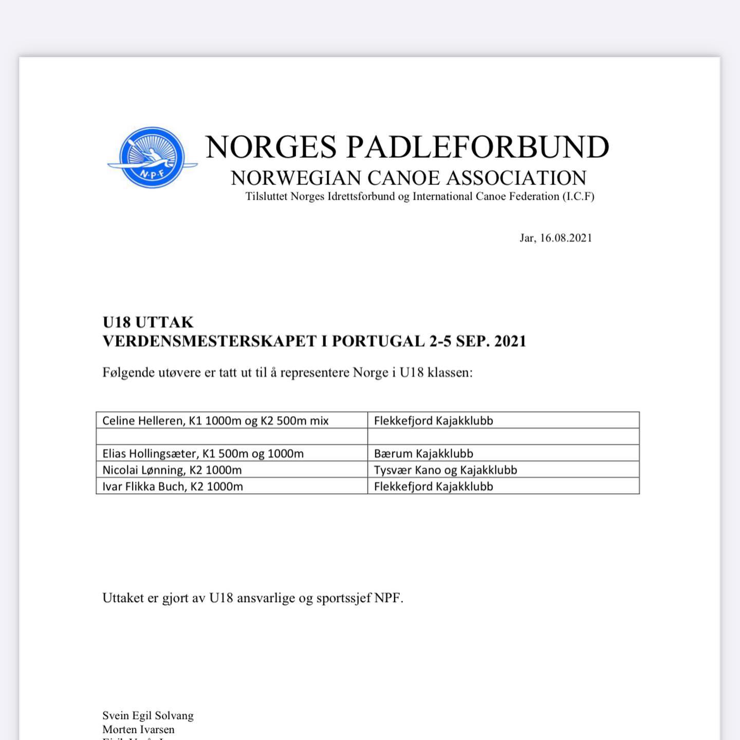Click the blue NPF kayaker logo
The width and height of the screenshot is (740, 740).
tap(152, 157)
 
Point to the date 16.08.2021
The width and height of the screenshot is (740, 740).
tap(566, 238)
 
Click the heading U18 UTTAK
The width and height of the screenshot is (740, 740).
tap(148, 322)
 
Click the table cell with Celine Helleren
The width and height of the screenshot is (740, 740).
tap(215, 420)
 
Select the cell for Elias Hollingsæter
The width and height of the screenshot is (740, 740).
tap(203, 453)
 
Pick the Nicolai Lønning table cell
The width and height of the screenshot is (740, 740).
tap(172, 470)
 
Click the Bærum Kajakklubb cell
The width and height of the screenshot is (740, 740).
tap(423, 453)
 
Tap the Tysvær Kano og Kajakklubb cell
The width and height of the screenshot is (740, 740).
tap(446, 470)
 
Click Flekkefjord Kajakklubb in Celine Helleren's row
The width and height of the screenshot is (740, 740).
tap(433, 420)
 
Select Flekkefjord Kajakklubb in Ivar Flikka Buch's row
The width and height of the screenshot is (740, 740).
tap(433, 486)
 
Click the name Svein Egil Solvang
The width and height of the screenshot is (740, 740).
tap(148, 715)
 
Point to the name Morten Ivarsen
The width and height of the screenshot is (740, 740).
tap(138, 729)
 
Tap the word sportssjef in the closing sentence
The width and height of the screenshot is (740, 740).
tap(343, 598)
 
